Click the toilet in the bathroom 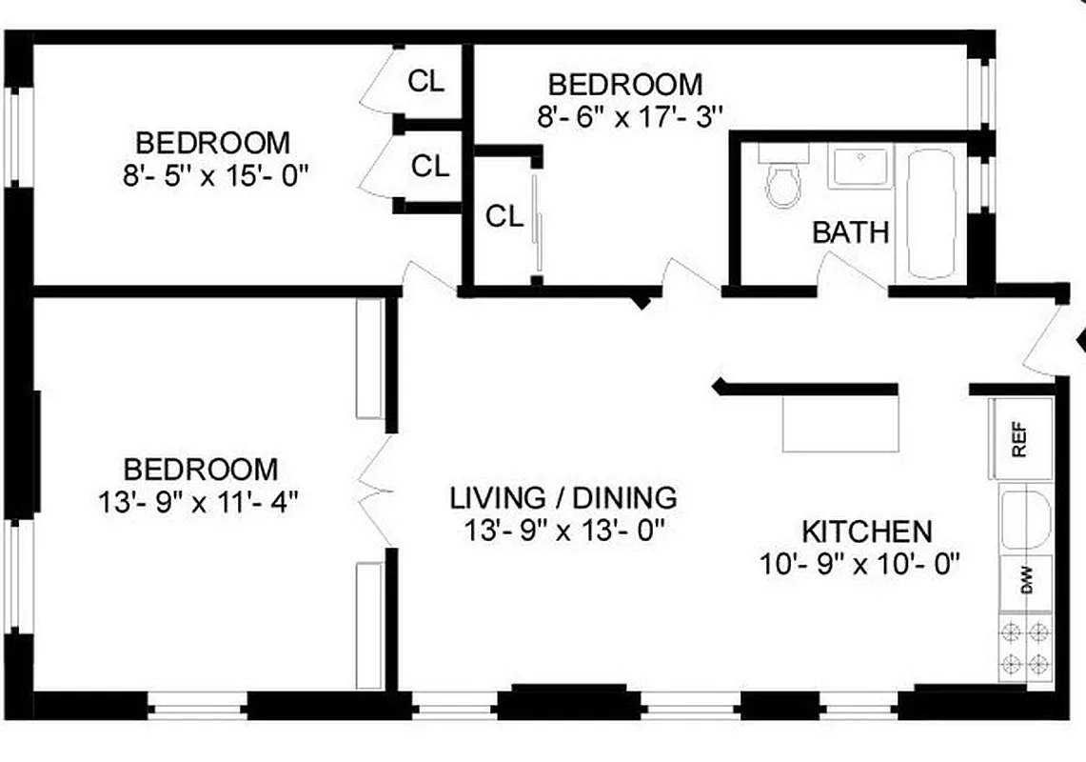click(784, 184)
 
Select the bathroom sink click(859, 166)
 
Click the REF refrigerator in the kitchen click(1020, 439)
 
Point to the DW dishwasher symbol click(1026, 582)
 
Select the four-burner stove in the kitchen click(1025, 647)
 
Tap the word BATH click(851, 232)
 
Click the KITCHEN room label click(867, 531)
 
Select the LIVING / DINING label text click(563, 497)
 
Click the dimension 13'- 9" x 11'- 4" click(199, 502)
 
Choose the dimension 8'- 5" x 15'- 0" click(218, 176)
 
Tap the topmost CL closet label click(425, 82)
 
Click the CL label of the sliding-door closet click(504, 217)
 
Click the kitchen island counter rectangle click(840, 423)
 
